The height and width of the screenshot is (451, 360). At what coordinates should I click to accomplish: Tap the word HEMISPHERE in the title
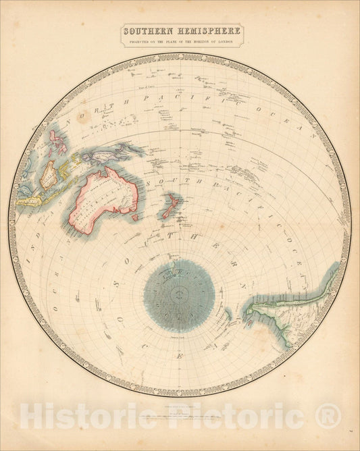tap(207, 31)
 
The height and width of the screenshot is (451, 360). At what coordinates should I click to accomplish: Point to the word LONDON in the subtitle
tap(230, 42)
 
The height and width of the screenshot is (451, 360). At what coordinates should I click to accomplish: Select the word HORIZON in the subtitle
tap(204, 42)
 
